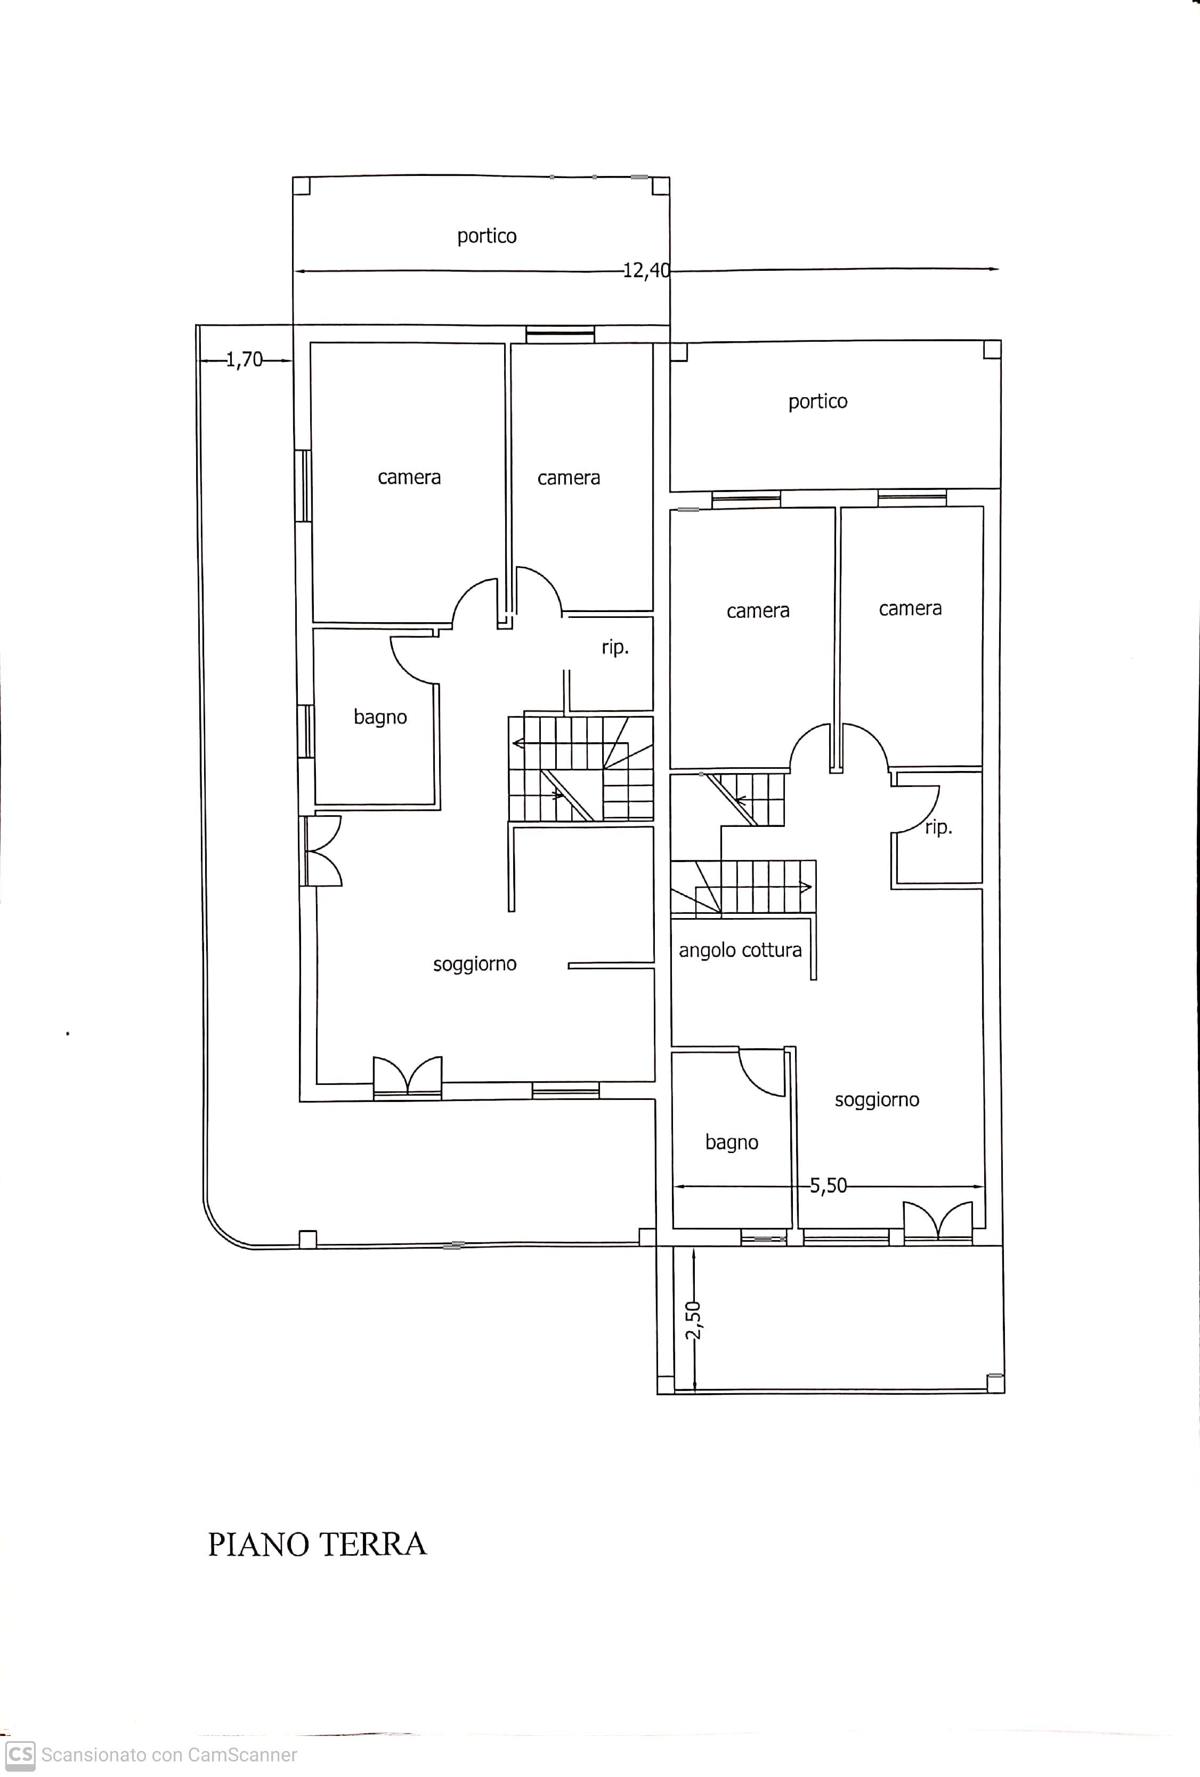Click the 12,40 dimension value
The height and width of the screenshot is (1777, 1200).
(646, 271)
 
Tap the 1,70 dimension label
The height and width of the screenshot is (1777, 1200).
(244, 359)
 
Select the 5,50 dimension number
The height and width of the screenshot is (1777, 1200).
(829, 1186)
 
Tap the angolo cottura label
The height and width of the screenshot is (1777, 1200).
(740, 951)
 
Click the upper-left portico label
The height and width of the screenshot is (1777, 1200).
(487, 236)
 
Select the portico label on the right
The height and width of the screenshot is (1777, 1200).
(818, 402)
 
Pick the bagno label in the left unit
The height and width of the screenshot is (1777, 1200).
(380, 717)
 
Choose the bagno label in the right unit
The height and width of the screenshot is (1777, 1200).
(732, 1143)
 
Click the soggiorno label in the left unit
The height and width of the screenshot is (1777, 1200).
(475, 964)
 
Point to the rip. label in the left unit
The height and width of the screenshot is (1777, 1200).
(615, 648)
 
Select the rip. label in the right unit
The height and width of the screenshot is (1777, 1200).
(938, 827)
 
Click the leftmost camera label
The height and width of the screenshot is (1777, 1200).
(409, 478)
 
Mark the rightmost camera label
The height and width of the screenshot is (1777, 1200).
(910, 609)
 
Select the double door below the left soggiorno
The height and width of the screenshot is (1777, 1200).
(408, 1078)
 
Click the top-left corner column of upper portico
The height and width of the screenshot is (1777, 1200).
(301, 186)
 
